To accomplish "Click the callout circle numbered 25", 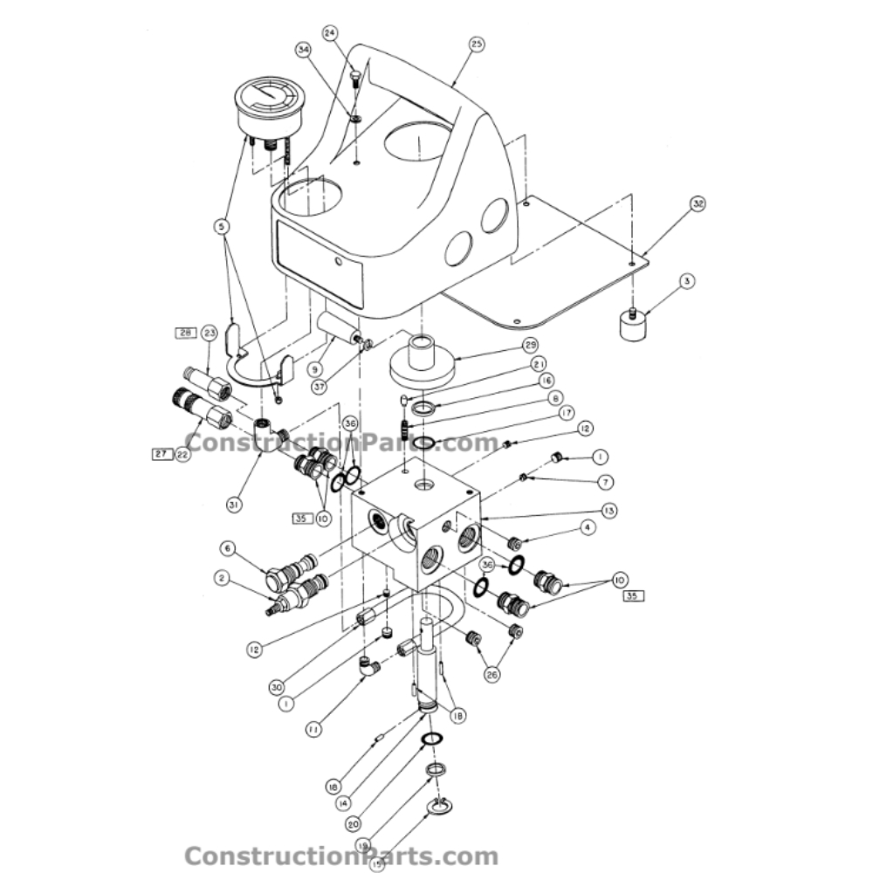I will pos(477,44).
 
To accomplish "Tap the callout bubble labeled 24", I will pos(330,32).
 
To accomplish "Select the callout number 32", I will pos(698,204).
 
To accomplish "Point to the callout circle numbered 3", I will pos(687,281).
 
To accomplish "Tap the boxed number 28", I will pos(185,333).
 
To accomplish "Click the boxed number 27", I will pos(159,454).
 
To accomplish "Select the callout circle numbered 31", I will pos(234,504).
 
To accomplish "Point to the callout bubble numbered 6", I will pos(228,548).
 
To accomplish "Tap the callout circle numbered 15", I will pos(376,865).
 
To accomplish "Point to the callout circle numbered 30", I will pos(277,686).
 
